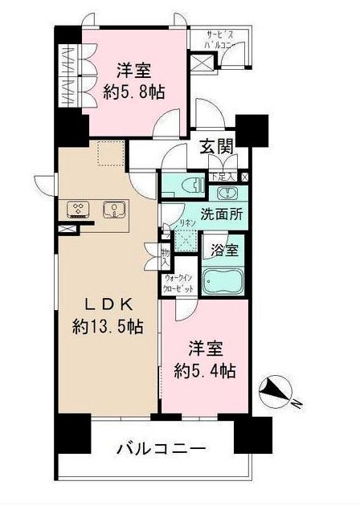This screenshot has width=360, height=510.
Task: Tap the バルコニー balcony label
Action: pyautogui.click(x=165, y=448)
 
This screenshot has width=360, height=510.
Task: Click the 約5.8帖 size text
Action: pyautogui.click(x=134, y=92)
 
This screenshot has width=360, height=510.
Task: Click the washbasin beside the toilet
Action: pyautogui.click(x=226, y=192)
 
